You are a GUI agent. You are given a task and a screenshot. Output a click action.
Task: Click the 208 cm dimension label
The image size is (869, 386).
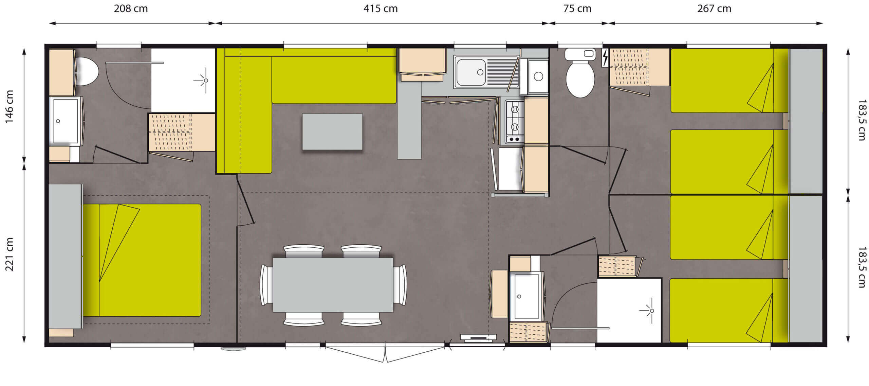pos(131,8)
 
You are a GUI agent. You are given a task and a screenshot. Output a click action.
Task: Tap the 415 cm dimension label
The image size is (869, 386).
pos(381,8)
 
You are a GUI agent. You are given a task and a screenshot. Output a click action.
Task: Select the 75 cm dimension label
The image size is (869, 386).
pos(577,8)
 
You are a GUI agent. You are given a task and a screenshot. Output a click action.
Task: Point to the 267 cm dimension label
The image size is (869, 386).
pos(714,8)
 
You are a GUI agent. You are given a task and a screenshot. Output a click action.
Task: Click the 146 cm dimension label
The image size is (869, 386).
pos(9,106)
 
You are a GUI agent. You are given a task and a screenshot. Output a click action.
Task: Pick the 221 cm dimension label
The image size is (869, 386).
pos(9,254)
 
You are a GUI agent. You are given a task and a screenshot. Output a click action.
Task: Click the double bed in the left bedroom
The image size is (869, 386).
pos(142,260)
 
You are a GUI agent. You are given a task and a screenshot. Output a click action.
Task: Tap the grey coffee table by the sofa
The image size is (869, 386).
pos(332,131)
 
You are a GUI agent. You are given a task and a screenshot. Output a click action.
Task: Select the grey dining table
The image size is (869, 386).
pos(333,285)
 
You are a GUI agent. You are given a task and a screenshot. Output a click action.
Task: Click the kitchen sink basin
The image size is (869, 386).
pos(471,72)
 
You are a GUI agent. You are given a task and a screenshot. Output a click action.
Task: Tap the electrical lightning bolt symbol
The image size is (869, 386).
pos(605,57)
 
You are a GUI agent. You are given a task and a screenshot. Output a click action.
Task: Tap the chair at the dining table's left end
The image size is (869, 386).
pos(266,285)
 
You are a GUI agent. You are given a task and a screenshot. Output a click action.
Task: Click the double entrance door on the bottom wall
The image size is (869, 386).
pos(385,353)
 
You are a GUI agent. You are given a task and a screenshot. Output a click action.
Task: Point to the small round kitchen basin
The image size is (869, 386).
pos(538,76)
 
